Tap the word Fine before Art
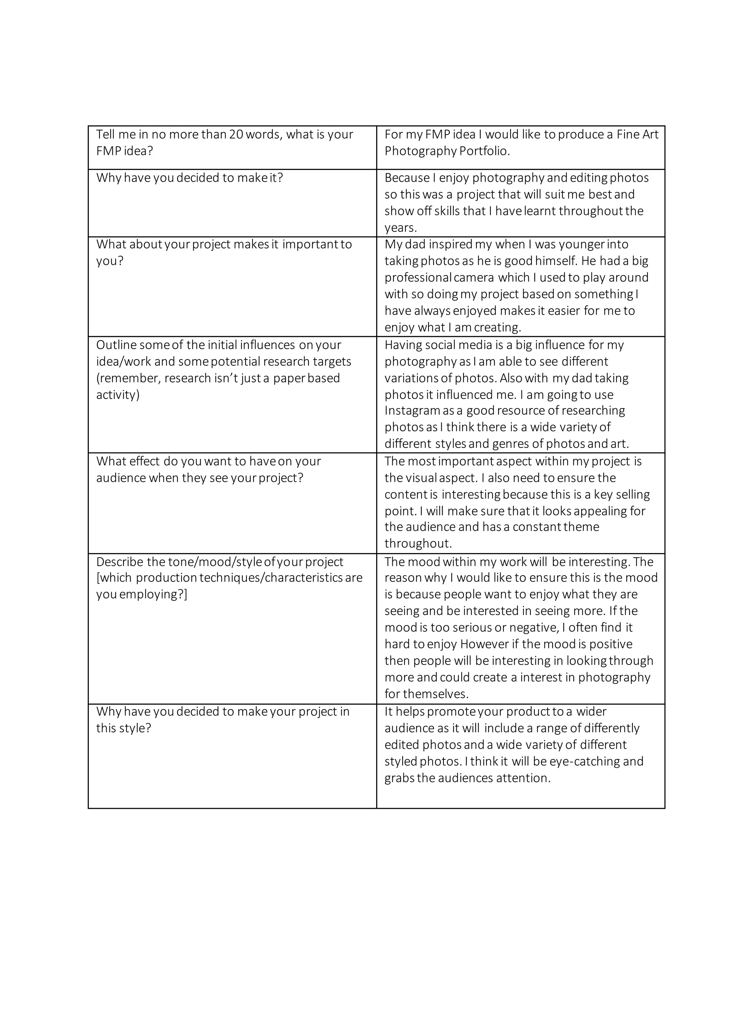point(627,135)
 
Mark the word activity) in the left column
point(118,395)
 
